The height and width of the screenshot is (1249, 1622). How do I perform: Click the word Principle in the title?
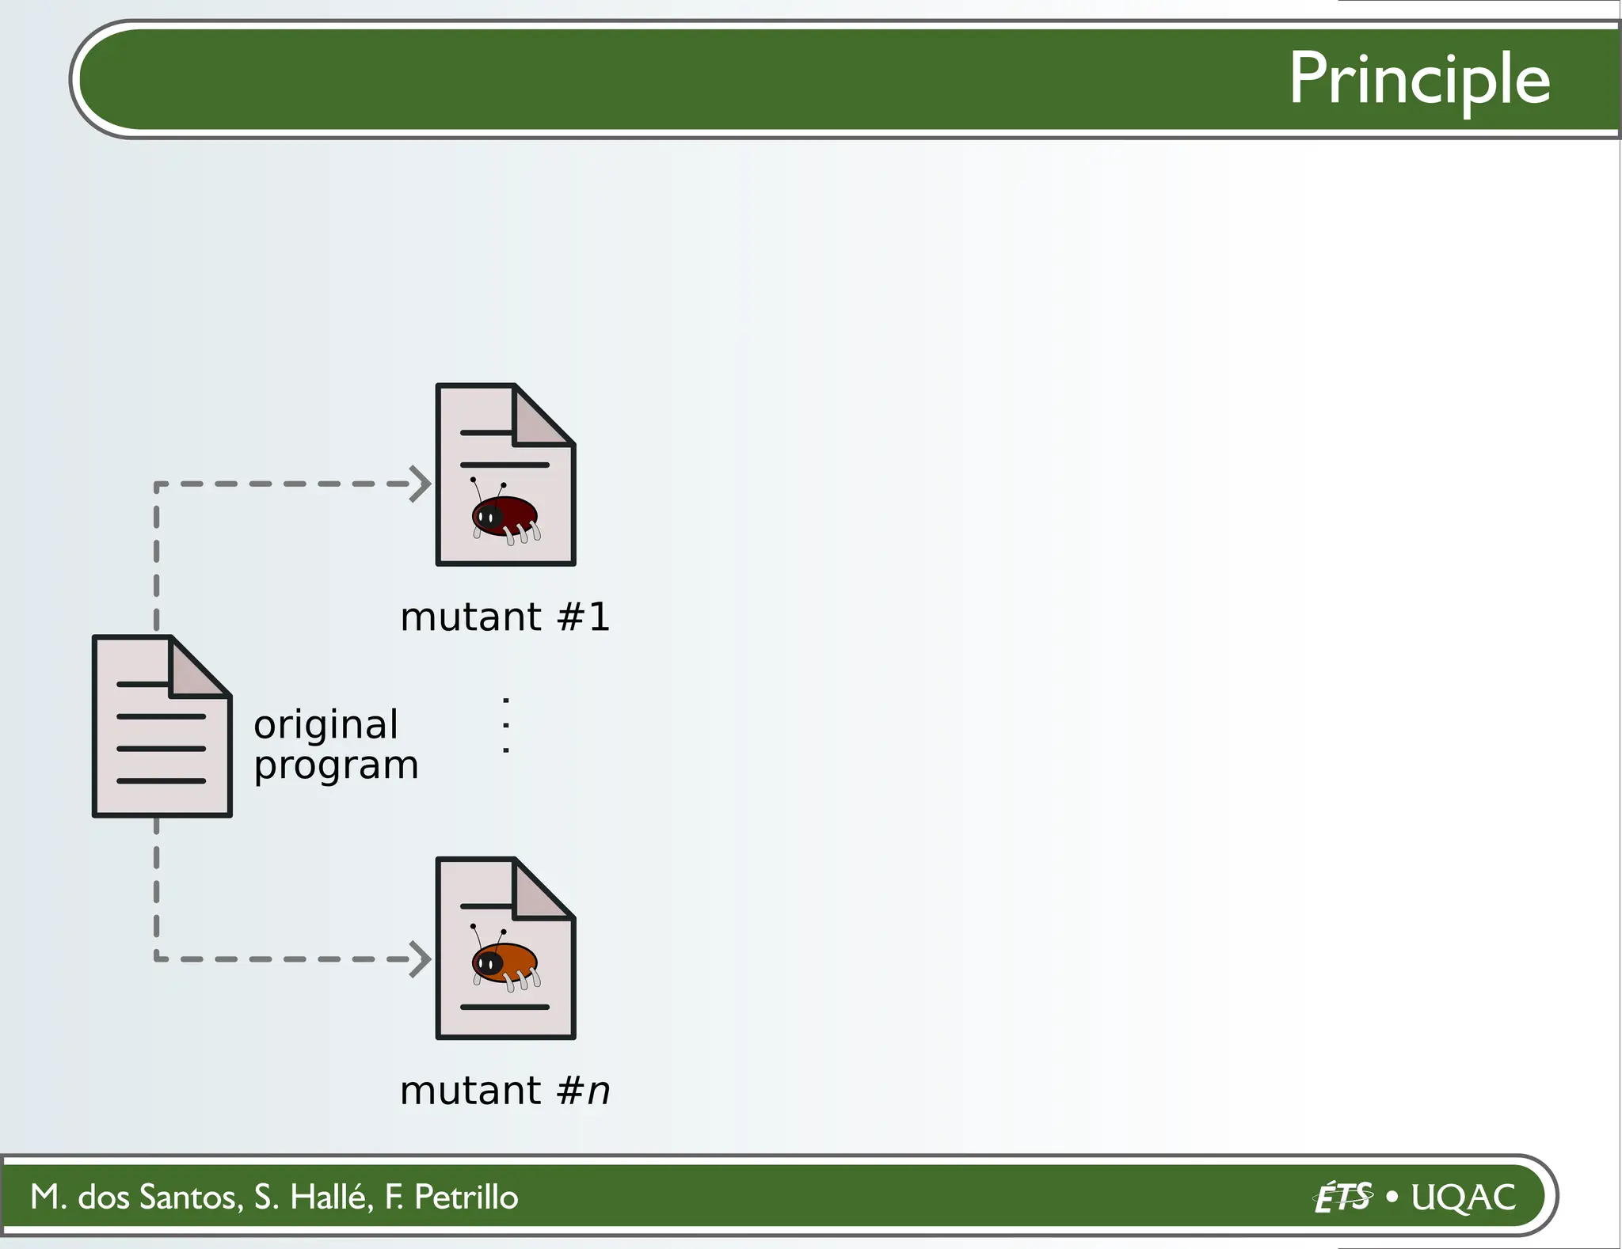[1418, 80]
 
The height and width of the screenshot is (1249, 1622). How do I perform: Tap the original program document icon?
[162, 726]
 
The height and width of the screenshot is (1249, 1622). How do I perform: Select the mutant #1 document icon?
[505, 475]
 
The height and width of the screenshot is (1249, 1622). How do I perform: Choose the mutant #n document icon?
[505, 948]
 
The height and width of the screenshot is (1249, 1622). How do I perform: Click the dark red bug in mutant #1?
[505, 515]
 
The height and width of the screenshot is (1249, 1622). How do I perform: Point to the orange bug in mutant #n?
[505, 962]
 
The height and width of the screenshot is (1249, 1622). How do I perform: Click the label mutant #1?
[505, 617]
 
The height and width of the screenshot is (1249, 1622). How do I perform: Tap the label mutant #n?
[505, 1091]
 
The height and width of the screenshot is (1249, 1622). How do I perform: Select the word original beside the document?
[326, 725]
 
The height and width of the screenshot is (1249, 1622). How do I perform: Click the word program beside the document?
[336, 765]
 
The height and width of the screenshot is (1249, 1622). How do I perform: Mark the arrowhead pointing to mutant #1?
[421, 484]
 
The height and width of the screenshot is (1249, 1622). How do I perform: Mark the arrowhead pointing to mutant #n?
[421, 959]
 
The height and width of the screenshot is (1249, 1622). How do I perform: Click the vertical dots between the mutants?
[506, 725]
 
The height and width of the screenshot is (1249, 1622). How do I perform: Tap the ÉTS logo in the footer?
[1342, 1197]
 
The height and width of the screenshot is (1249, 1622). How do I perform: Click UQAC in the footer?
[1464, 1197]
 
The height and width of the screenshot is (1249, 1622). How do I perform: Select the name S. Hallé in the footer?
[313, 1197]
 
